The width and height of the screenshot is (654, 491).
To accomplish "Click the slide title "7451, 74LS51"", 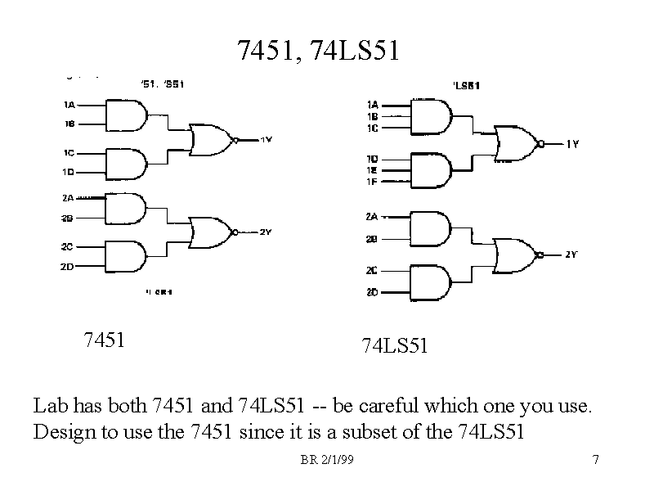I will pyautogui.click(x=318, y=51).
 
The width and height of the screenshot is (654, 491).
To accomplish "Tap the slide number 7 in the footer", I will pyautogui.click(x=596, y=461).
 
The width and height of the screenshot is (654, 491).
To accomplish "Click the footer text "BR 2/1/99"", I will pyautogui.click(x=326, y=461).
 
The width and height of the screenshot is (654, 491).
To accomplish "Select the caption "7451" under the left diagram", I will pyautogui.click(x=104, y=339).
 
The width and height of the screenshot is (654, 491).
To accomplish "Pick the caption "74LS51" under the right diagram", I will pyautogui.click(x=395, y=346).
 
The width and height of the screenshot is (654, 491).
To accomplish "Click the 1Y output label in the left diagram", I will pyautogui.click(x=266, y=140).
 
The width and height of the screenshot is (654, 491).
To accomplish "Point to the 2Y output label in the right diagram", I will pyautogui.click(x=571, y=255).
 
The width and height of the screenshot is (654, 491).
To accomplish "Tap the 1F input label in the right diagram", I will pyautogui.click(x=373, y=180).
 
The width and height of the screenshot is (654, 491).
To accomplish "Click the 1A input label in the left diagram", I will pyautogui.click(x=69, y=105).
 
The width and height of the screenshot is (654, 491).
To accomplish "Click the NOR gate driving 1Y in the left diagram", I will pyautogui.click(x=212, y=140).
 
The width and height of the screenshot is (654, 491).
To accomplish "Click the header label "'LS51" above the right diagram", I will pyautogui.click(x=466, y=84).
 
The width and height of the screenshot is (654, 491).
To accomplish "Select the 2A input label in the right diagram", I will pyautogui.click(x=372, y=217).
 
